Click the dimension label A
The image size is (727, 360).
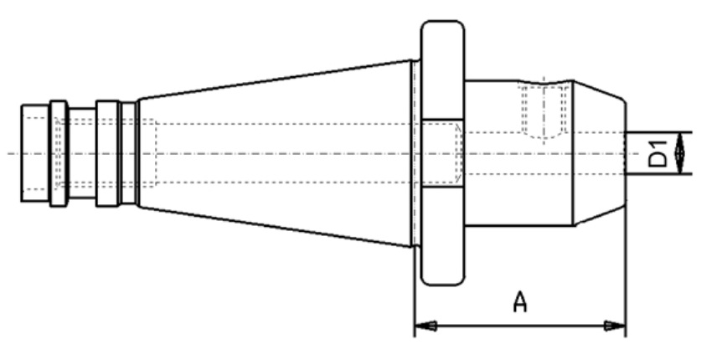(x=520, y=302)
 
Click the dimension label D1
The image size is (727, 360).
(x=657, y=154)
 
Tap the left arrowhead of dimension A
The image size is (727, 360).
(x=425, y=327)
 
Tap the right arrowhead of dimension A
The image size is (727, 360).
(x=615, y=327)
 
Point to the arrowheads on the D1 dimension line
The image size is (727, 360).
(x=680, y=153)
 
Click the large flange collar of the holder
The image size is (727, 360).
(x=442, y=153)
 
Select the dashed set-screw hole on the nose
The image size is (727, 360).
(x=544, y=111)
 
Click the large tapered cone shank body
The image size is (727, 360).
(x=276, y=153)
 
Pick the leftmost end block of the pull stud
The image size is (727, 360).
(x=35, y=153)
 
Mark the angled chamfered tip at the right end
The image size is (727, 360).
(x=600, y=153)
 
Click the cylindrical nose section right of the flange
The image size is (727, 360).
(x=518, y=153)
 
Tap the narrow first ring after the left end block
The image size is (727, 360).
(x=59, y=153)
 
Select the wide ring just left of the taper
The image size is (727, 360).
(x=107, y=153)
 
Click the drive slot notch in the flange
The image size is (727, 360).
(x=442, y=153)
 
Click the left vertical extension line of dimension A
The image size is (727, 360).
(x=414, y=292)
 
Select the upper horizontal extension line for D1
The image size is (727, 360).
(x=659, y=132)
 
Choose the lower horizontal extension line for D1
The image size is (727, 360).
(x=659, y=174)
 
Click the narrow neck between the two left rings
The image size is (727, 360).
(x=82, y=153)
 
